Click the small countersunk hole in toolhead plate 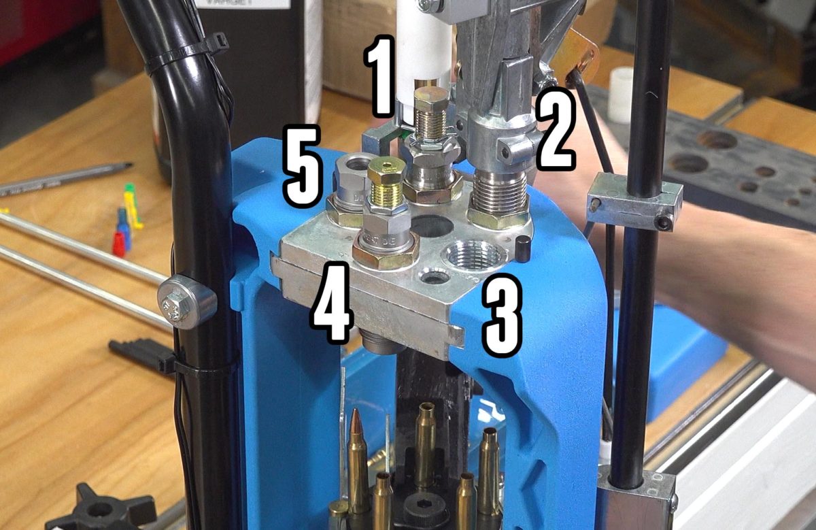point(433,275)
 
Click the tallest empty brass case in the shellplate point(426,442)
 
